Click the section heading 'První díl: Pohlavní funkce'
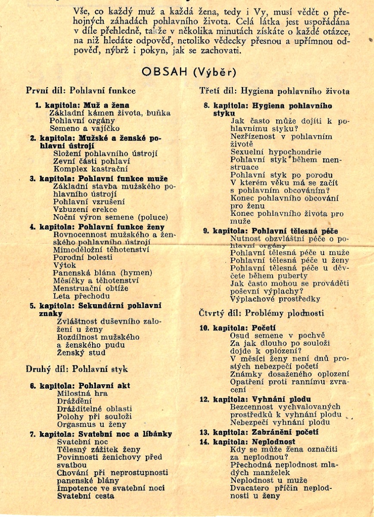(x=81, y=91)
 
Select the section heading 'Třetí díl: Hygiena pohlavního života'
(x=274, y=91)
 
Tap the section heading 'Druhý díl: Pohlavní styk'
(x=77, y=369)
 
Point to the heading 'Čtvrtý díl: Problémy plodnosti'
(x=261, y=313)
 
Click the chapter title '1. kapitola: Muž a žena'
(x=82, y=105)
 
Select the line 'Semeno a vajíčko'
(x=84, y=128)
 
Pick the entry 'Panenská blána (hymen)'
(x=102, y=273)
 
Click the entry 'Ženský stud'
(x=81, y=353)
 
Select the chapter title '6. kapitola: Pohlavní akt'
(x=80, y=386)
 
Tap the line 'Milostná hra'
(x=82, y=393)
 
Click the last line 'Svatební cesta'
(x=86, y=496)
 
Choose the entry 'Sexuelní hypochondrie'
(x=276, y=152)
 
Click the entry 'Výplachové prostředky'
(x=275, y=299)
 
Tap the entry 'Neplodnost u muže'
(x=269, y=480)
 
